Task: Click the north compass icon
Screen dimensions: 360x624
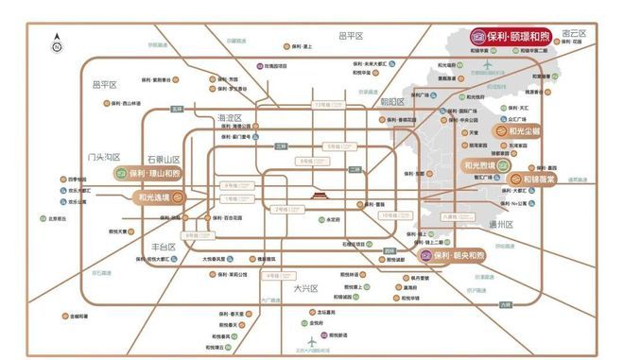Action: coord(57,43)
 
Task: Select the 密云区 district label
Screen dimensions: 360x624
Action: coord(574,33)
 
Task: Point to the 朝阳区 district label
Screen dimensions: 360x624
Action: coord(391,101)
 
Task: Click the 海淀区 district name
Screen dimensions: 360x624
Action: coord(231,118)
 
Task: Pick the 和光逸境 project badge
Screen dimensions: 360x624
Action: coord(160,197)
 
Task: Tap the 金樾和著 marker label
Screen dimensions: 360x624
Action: coord(78,316)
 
